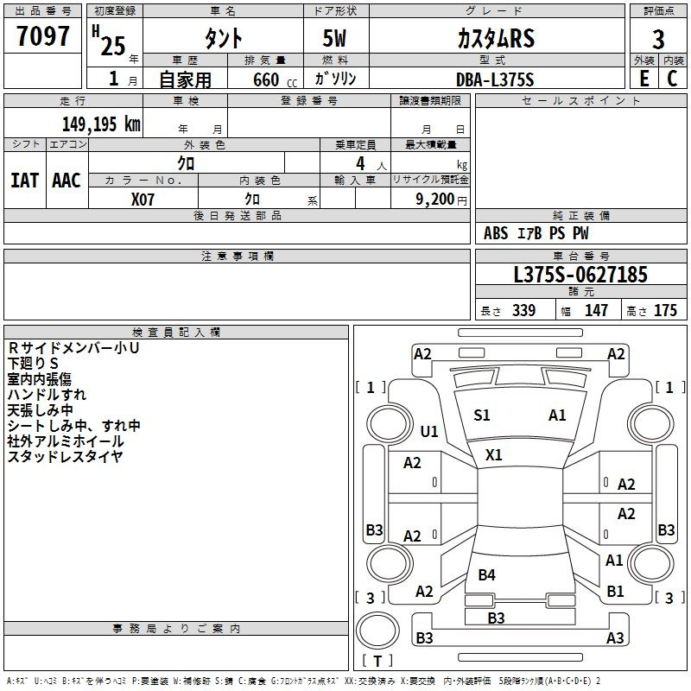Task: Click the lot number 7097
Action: click(x=42, y=36)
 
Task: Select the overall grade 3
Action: click(x=658, y=39)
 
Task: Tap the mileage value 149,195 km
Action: click(x=101, y=124)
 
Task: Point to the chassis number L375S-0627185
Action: click(x=580, y=275)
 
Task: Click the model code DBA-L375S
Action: click(x=495, y=79)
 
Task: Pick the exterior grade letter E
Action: click(x=643, y=79)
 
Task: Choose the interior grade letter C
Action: click(x=672, y=79)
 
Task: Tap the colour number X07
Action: click(x=143, y=200)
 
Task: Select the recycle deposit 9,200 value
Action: click(x=434, y=200)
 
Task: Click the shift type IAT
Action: click(x=24, y=181)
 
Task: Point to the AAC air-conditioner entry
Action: click(x=67, y=181)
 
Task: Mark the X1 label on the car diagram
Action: click(x=493, y=455)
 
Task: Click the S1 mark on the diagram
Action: click(x=482, y=415)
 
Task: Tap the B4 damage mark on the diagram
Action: click(x=487, y=574)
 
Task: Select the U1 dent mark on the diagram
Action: click(x=429, y=431)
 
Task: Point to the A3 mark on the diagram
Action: click(x=615, y=637)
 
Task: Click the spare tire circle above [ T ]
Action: click(x=377, y=630)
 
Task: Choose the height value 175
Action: click(x=665, y=310)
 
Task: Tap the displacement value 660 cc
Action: click(x=275, y=80)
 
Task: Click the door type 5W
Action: click(x=334, y=38)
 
